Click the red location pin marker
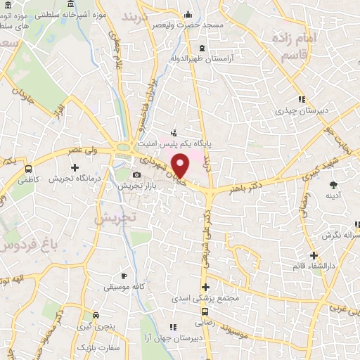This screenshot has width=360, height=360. (x=181, y=166)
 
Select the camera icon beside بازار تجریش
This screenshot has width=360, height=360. (x=136, y=174)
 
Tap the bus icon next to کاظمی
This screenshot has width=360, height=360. (x=28, y=169)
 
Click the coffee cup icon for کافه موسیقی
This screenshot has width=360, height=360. (x=124, y=276)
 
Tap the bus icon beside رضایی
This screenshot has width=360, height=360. (x=205, y=311)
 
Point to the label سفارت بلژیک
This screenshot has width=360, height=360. (x=98, y=347)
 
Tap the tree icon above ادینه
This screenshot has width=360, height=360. (x=333, y=184)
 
